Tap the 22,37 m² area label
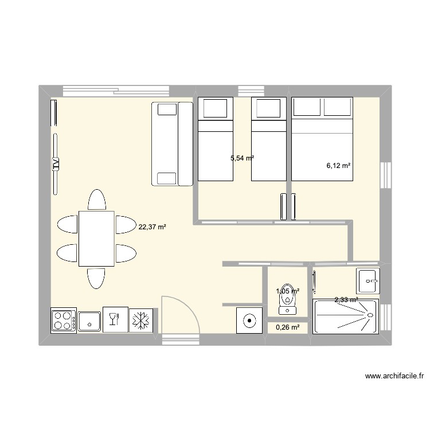152,227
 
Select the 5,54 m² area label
242,158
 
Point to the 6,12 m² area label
338,166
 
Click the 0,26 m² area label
288,328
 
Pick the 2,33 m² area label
346,299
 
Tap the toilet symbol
287,302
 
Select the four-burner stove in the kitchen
63,320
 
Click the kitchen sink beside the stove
89,320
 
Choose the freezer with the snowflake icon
139,320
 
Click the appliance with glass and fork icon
114,320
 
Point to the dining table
96,238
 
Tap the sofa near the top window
172,144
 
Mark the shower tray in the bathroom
345,316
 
